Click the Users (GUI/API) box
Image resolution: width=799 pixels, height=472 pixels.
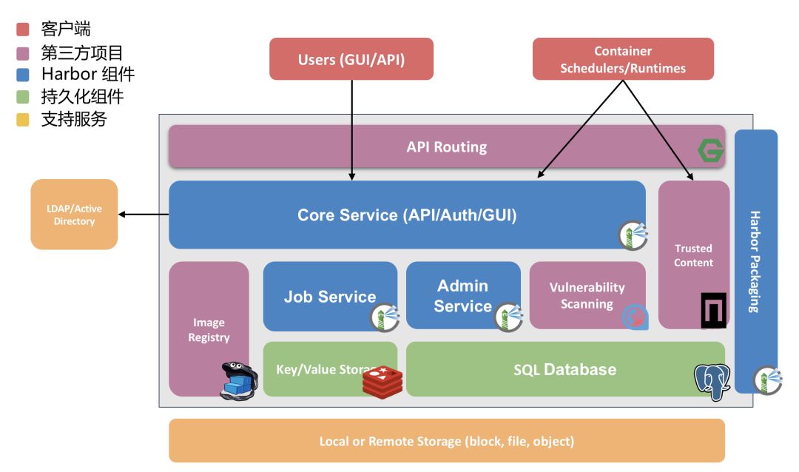click(x=351, y=59)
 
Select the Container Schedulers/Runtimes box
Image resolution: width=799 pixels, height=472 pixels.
click(x=623, y=59)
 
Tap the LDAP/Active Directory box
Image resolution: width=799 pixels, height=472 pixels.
click(x=74, y=215)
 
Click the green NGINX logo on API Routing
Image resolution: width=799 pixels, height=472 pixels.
click(x=711, y=151)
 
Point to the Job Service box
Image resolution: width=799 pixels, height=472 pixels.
click(x=330, y=296)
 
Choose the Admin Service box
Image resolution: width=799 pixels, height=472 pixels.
click(x=462, y=295)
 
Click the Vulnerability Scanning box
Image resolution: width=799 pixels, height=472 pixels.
click(x=587, y=295)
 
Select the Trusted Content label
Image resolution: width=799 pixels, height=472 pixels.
click(x=693, y=255)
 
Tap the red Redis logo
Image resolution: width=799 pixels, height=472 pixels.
click(x=381, y=381)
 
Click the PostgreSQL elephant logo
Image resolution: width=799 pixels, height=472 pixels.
click(x=712, y=380)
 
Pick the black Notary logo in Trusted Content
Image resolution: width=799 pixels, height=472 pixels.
click(x=713, y=310)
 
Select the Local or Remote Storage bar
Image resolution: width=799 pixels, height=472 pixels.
click(x=447, y=441)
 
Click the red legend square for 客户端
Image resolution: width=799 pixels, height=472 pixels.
click(x=23, y=30)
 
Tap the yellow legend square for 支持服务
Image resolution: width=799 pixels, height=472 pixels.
click(x=23, y=118)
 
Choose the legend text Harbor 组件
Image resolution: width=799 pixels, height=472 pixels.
click(x=88, y=74)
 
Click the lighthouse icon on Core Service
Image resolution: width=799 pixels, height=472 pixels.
click(x=633, y=235)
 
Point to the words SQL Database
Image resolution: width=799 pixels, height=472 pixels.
click(x=564, y=369)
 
